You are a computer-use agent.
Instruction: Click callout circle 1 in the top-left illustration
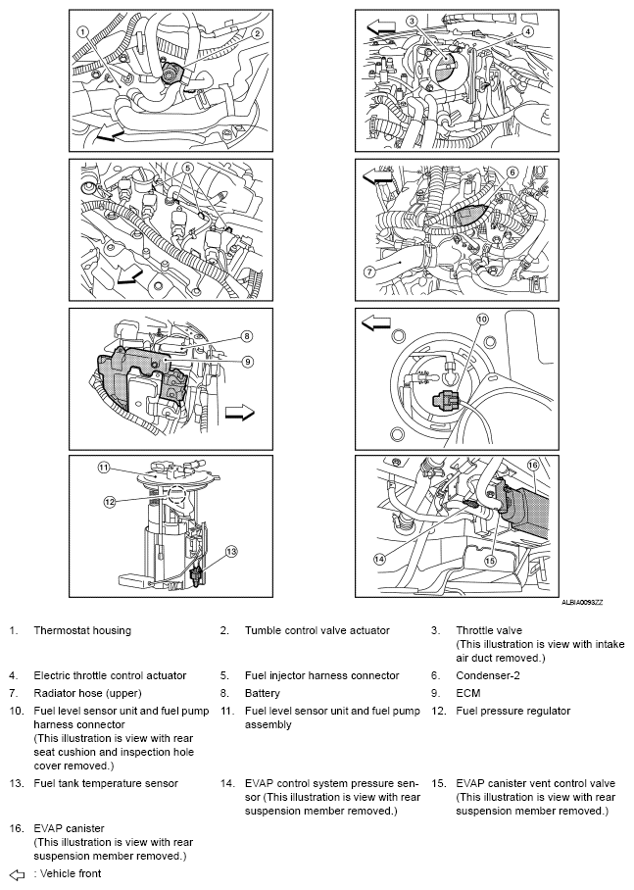[83, 31]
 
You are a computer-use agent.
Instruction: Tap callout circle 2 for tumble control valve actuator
[257, 34]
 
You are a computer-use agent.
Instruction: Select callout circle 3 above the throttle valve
[413, 22]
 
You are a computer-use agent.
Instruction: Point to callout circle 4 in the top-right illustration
[528, 31]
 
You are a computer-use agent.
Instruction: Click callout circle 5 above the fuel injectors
[189, 168]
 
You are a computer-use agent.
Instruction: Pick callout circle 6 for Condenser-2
[512, 172]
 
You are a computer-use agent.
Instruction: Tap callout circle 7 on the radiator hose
[368, 272]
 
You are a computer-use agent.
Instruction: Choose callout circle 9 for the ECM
[248, 362]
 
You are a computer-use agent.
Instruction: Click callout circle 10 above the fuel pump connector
[482, 319]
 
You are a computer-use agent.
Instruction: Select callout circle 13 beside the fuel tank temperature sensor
[231, 551]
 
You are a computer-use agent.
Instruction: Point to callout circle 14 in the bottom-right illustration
[379, 559]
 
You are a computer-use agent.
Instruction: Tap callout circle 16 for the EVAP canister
[532, 465]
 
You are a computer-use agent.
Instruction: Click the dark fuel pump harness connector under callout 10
[445, 401]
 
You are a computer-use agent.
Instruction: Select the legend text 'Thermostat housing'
[82, 630]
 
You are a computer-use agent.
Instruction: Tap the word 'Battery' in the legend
[263, 693]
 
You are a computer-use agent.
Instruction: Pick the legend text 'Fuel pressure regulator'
[513, 711]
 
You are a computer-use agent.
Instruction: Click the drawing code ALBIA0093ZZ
[582, 602]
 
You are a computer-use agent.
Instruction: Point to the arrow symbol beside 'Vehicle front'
[18, 874]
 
